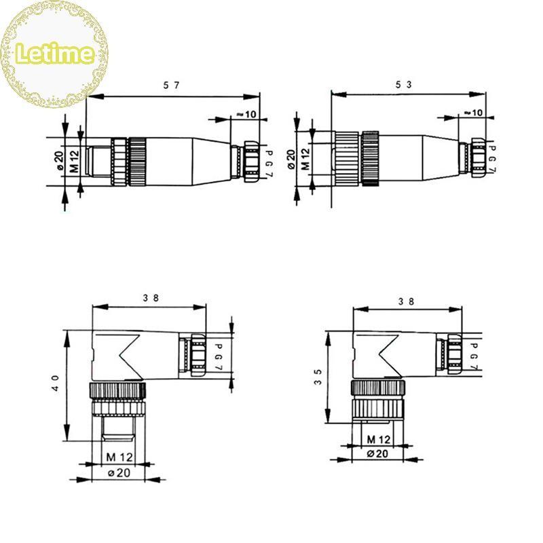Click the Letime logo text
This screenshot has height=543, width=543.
point(55,53)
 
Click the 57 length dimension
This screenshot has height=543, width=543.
point(172,86)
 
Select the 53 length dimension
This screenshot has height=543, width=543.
point(404,84)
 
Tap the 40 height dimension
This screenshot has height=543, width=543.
point(56,383)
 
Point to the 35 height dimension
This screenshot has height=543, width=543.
point(318,377)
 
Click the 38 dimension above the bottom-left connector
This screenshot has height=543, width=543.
point(151,298)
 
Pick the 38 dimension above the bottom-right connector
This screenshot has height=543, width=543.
point(406,301)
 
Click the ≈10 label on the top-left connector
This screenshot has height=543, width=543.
point(246,114)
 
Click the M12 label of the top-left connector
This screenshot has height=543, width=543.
point(74,162)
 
